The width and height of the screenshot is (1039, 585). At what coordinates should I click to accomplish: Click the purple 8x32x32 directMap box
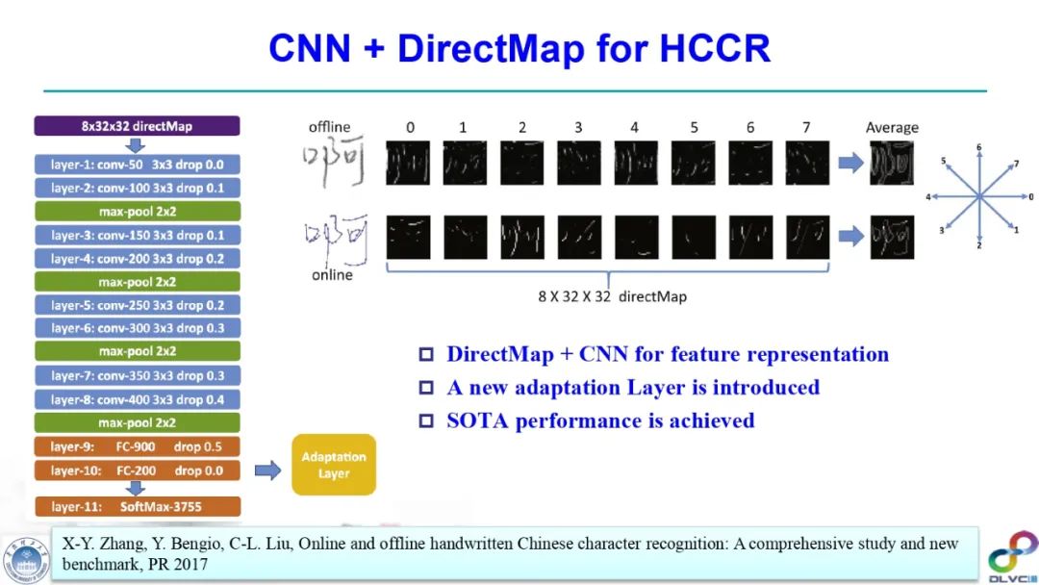[137, 126]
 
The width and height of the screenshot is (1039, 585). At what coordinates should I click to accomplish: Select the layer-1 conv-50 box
[137, 165]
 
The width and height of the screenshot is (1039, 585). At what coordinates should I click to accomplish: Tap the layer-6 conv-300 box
[137, 328]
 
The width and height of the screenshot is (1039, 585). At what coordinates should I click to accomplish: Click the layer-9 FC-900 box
[137, 447]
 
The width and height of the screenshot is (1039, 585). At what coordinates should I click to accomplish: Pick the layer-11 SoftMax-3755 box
[137, 506]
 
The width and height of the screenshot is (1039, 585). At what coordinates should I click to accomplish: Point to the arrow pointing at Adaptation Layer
[267, 471]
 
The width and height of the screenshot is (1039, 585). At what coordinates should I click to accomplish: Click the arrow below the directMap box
[137, 145]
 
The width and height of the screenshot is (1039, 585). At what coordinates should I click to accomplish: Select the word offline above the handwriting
[329, 127]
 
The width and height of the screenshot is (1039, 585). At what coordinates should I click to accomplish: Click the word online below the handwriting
[332, 275]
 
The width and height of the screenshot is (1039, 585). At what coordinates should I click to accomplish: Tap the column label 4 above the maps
[635, 127]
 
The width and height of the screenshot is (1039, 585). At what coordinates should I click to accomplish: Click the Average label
[892, 127]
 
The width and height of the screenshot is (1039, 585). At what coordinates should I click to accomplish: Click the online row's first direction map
[408, 237]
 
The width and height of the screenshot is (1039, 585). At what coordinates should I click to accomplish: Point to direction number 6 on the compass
[979, 148]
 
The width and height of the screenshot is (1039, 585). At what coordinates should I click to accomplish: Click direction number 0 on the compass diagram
[1030, 197]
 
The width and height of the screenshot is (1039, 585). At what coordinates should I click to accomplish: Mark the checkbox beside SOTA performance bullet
[427, 421]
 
